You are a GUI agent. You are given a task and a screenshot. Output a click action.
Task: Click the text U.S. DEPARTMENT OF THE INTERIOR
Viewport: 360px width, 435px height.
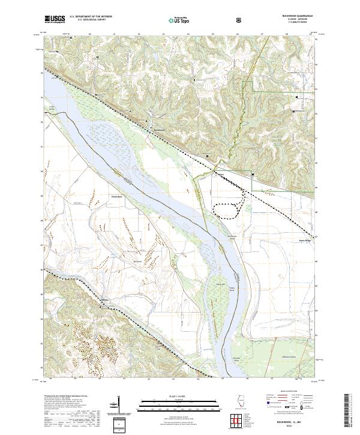tap(91, 16)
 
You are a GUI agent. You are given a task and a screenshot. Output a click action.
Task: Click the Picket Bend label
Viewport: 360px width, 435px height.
tap(116, 196)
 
